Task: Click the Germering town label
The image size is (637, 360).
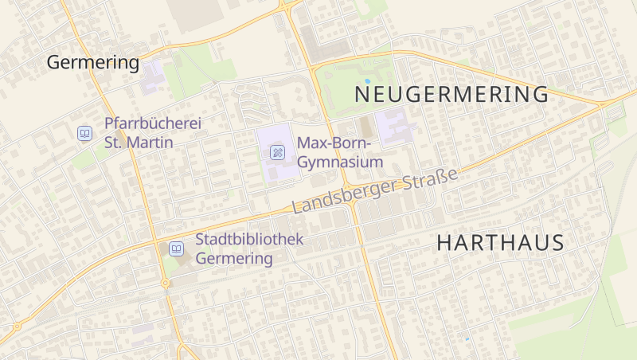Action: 92,62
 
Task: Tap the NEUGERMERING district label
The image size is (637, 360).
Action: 451,95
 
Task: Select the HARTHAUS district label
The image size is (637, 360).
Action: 501,243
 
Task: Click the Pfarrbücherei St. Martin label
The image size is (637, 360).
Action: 152,133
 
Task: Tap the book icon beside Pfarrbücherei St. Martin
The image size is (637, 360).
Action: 84,134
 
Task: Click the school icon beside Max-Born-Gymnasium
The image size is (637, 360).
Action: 277,152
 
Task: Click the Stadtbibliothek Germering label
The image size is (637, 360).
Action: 249,248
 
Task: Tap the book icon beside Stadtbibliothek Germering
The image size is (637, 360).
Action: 176,249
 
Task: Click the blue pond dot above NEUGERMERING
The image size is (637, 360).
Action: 367,81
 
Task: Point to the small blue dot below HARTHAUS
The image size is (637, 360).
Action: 467,339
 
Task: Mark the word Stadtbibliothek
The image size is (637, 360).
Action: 249,239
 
